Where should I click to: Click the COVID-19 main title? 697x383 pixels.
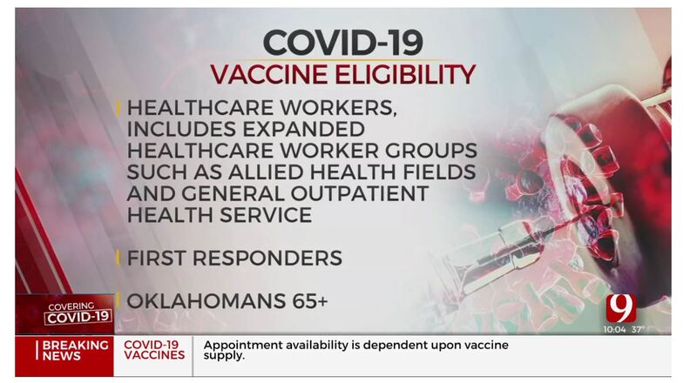click(x=343, y=41)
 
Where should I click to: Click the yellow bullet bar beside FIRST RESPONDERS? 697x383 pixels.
click(x=118, y=258)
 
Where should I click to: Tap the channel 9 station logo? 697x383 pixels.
click(x=621, y=307)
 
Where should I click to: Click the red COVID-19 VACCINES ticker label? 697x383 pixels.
click(x=154, y=350)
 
